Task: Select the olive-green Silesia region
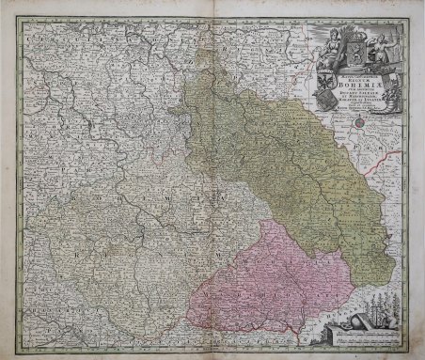click(282, 150)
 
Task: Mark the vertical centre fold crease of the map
click(212, 188)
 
